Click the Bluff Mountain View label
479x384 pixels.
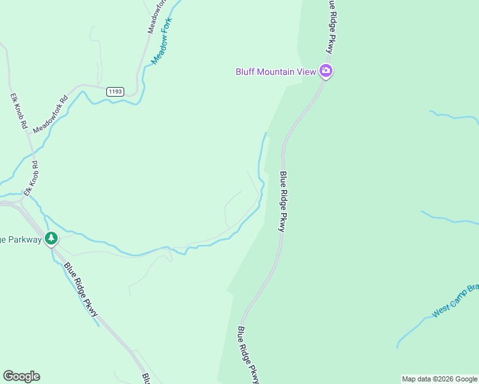(x=276, y=72)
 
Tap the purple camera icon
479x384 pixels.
(x=326, y=71)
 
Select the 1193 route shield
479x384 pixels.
(x=115, y=92)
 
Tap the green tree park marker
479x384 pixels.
(x=51, y=239)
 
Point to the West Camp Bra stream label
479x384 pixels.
(x=455, y=302)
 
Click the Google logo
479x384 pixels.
(x=21, y=376)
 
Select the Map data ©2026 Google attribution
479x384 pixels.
(x=439, y=379)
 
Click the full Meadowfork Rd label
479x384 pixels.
(x=51, y=115)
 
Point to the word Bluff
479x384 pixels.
(x=245, y=72)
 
